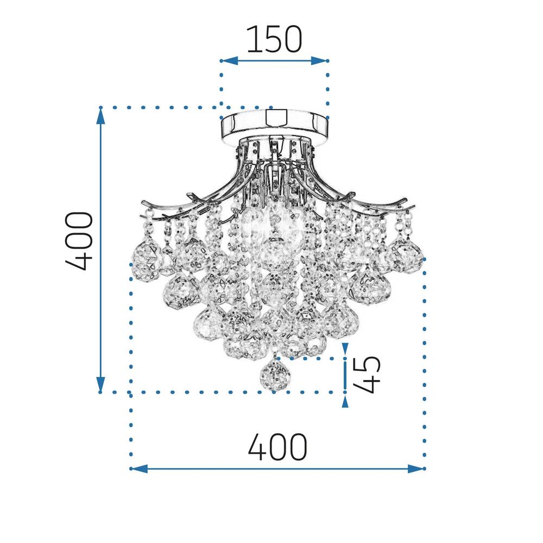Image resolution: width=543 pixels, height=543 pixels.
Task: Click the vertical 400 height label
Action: tap(79, 241)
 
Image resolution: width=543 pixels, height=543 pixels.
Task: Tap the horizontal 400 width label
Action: tap(277, 447)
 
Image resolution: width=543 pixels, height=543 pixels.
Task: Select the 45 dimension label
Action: tap(367, 375)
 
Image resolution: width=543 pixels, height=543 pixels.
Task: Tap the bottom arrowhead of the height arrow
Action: tap(100, 384)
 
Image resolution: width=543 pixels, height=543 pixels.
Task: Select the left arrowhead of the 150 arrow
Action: tap(229, 61)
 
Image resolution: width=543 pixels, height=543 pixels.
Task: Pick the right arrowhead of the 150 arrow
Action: tap(319, 61)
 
